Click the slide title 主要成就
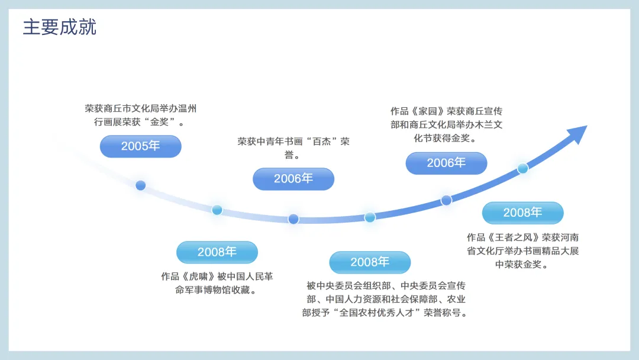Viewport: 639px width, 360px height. [x=60, y=27]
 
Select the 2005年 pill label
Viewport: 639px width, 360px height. [x=141, y=146]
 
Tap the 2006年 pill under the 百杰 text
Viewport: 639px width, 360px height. [x=293, y=179]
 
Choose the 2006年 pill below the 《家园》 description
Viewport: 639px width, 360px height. [x=446, y=163]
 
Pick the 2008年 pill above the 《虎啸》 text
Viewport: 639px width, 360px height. [x=217, y=252]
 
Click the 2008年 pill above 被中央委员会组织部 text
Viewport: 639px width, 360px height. [x=370, y=262]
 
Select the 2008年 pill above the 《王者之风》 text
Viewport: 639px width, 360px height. [x=523, y=213]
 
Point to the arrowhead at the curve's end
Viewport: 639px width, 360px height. [x=579, y=133]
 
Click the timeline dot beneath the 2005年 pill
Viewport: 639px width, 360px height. [x=141, y=185]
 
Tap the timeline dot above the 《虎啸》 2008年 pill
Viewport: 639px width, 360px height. [x=217, y=210]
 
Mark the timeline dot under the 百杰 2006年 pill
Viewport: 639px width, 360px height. [x=293, y=219]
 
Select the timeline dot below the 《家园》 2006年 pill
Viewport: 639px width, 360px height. [x=446, y=200]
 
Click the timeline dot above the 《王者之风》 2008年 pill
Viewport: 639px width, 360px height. [x=523, y=168]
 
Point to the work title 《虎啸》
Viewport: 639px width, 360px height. [x=198, y=277]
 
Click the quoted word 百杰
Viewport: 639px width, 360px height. [x=321, y=142]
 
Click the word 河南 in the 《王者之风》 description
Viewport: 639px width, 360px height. [x=570, y=237]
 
